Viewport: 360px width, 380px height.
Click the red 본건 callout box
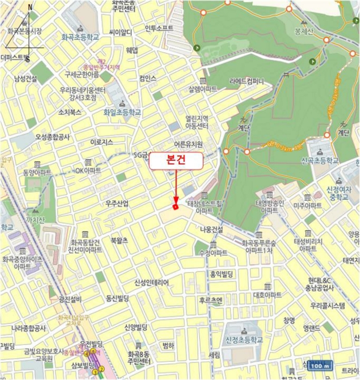(x=175, y=161)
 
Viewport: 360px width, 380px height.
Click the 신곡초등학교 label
(x=319, y=161)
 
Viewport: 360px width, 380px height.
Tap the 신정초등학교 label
(x=243, y=339)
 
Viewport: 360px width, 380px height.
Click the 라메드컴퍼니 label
(x=247, y=82)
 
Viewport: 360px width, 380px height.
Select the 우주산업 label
(x=117, y=204)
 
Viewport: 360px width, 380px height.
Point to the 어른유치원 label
(x=188, y=144)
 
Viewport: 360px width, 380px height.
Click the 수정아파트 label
(x=213, y=253)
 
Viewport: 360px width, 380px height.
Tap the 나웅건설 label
(x=212, y=230)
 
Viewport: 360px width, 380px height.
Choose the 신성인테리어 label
(x=151, y=283)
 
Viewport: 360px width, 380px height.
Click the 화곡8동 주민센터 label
(x=139, y=356)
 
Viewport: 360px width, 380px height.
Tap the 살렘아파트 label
(x=203, y=88)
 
